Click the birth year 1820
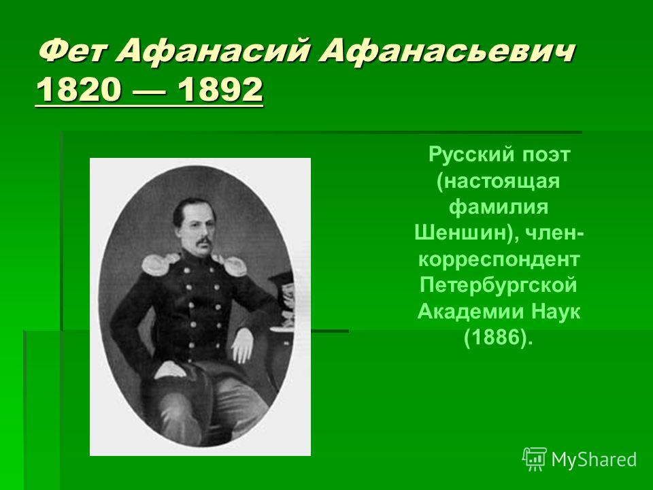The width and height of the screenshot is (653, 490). [79, 89]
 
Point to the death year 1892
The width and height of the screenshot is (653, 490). [220, 89]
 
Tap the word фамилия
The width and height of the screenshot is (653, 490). [499, 207]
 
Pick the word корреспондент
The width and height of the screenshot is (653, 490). [499, 259]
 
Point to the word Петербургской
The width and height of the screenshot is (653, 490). [499, 285]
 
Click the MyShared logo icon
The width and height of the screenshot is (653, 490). [535, 459]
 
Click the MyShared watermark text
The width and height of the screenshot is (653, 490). [594, 459]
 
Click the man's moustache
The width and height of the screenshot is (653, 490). [203, 241]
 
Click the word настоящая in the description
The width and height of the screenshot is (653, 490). [499, 181]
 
